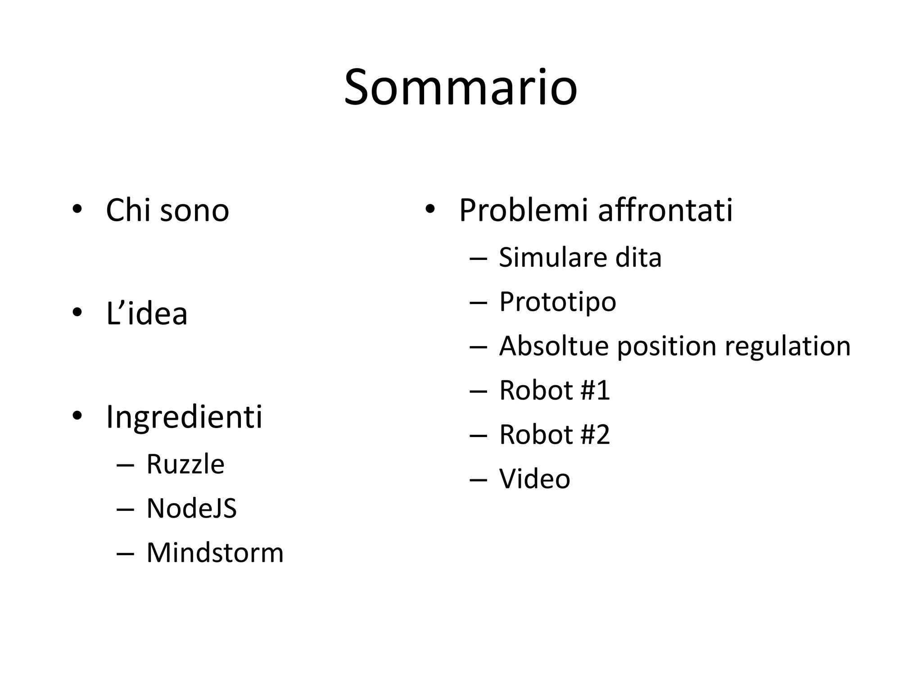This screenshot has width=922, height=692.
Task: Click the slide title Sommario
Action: click(461, 88)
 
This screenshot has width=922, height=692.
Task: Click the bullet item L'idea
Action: click(146, 314)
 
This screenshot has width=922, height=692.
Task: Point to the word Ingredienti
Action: click(184, 417)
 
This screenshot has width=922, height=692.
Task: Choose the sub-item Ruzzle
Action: click(185, 464)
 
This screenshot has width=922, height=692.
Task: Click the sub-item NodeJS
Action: click(191, 508)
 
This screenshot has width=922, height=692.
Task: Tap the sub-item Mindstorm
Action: click(215, 552)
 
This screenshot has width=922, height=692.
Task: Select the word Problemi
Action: click(523, 210)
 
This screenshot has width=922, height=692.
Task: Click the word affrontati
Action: click(665, 210)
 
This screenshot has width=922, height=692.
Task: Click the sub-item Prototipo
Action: click(557, 302)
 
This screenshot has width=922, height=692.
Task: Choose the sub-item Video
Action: click(534, 478)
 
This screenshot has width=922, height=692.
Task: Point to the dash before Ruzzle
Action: click(125, 464)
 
